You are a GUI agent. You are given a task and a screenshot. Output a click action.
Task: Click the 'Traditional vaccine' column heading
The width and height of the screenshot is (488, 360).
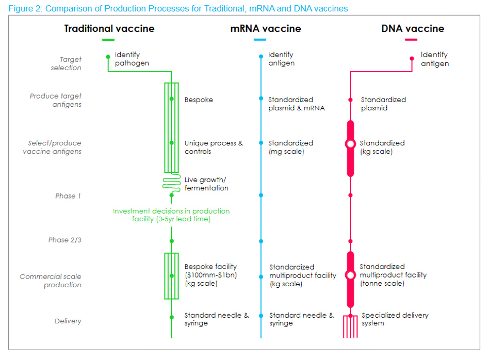tap(109, 28)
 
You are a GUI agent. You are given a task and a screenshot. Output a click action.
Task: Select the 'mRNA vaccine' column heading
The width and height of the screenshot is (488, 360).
tap(265, 28)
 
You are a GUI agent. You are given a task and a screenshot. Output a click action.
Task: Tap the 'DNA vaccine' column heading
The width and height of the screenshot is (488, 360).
tap(412, 28)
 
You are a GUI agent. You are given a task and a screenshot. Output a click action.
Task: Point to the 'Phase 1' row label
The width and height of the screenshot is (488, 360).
tap(68, 196)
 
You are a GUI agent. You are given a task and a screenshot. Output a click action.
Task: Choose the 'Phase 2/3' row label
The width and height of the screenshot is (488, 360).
tap(65, 240)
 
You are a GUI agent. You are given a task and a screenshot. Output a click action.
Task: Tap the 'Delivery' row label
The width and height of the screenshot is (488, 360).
tap(68, 321)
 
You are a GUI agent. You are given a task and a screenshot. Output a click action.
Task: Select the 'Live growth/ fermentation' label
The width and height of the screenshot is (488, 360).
tap(206, 184)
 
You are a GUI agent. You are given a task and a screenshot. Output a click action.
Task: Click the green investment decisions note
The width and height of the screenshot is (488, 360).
tap(171, 215)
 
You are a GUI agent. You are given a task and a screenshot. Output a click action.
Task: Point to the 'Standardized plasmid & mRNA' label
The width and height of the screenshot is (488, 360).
tap(297, 104)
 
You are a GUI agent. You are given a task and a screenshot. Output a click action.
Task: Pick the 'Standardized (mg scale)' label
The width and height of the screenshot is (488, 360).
tap(290, 147)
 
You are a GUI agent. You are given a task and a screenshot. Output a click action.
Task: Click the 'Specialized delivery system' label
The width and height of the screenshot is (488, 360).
tap(395, 319)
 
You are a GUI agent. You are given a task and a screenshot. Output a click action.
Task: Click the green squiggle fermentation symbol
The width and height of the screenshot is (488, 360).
tap(171, 184)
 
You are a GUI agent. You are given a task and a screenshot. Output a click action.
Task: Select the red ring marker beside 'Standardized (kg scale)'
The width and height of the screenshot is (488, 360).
tap(350, 144)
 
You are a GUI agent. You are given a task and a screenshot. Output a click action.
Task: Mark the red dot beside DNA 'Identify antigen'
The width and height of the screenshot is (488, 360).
tap(412, 59)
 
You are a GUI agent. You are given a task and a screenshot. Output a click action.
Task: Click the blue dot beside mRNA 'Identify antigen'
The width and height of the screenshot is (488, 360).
tap(261, 56)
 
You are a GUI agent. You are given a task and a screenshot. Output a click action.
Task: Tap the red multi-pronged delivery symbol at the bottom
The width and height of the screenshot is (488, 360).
tap(350, 327)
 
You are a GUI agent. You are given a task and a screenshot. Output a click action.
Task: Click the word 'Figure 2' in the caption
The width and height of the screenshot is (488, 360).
tap(23, 8)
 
